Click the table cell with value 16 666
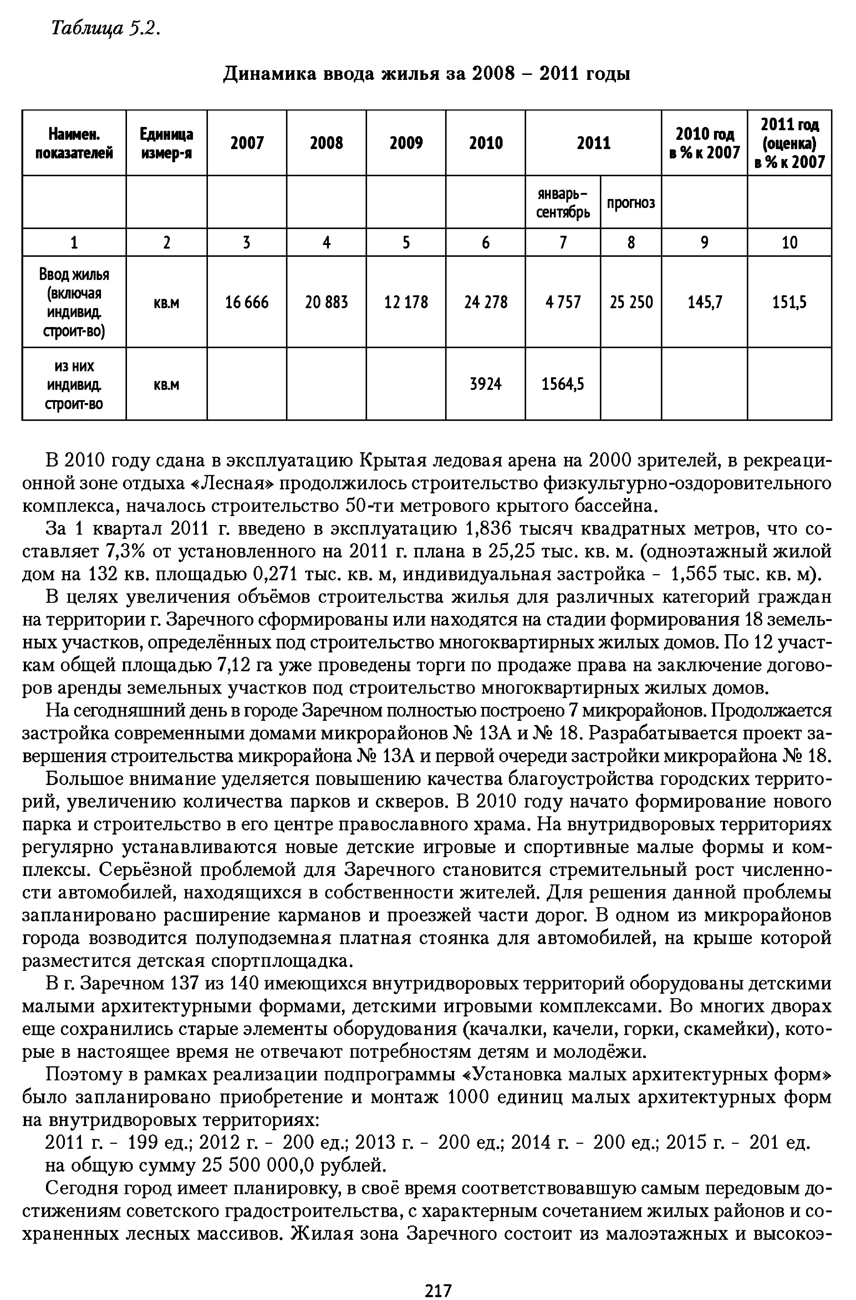pyautogui.click(x=247, y=302)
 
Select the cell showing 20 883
pyautogui.click(x=327, y=302)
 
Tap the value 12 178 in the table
pyautogui.click(x=406, y=302)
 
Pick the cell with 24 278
pyautogui.click(x=486, y=302)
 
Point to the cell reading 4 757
pyautogui.click(x=563, y=302)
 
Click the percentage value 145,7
pyautogui.click(x=705, y=302)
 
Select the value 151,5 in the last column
pyautogui.click(x=790, y=302)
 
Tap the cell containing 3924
pyautogui.click(x=486, y=384)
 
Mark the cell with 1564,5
pyautogui.click(x=563, y=384)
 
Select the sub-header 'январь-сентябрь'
pyautogui.click(x=563, y=203)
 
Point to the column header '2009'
pyautogui.click(x=406, y=143)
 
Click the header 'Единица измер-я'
pyautogui.click(x=167, y=143)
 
